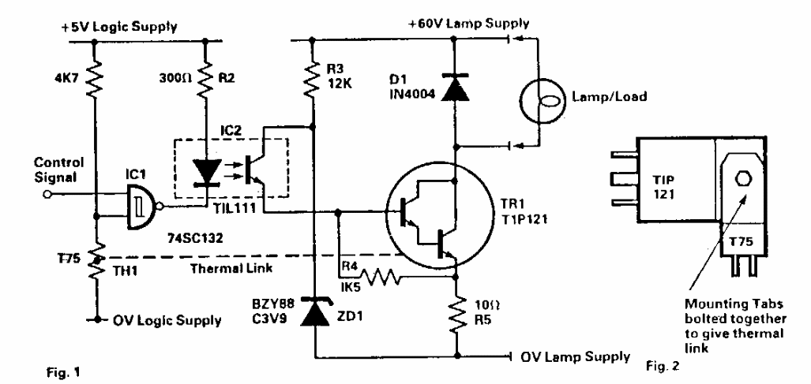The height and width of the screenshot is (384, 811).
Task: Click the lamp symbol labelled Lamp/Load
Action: point(544,98)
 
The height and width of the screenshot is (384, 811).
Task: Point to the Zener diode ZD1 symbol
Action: point(315,310)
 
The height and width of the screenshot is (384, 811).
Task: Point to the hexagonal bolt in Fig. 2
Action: point(739,177)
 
